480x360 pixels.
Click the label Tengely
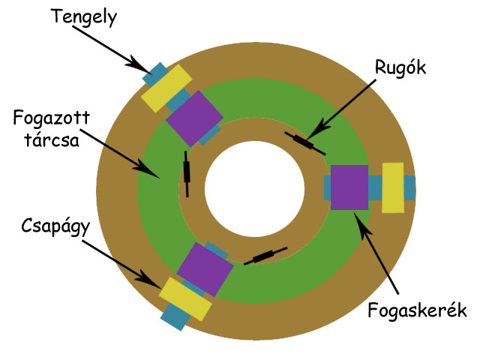point(84,17)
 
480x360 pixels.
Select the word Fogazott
point(52,118)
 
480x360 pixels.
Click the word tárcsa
point(52,139)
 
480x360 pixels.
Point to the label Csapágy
point(55,226)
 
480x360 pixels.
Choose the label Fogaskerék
point(417,310)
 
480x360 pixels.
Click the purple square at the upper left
point(194,118)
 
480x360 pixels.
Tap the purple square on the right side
point(349,187)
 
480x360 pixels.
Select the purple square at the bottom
point(205,269)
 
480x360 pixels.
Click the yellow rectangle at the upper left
point(166,88)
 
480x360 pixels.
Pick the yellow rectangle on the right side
point(393,187)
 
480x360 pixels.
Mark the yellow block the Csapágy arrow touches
point(185,299)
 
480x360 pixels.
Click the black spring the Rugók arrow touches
point(305,143)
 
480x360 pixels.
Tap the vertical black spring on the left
point(187,174)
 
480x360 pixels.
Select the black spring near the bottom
point(265,256)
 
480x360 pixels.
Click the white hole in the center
point(255,189)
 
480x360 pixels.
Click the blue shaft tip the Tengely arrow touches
point(155,74)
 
